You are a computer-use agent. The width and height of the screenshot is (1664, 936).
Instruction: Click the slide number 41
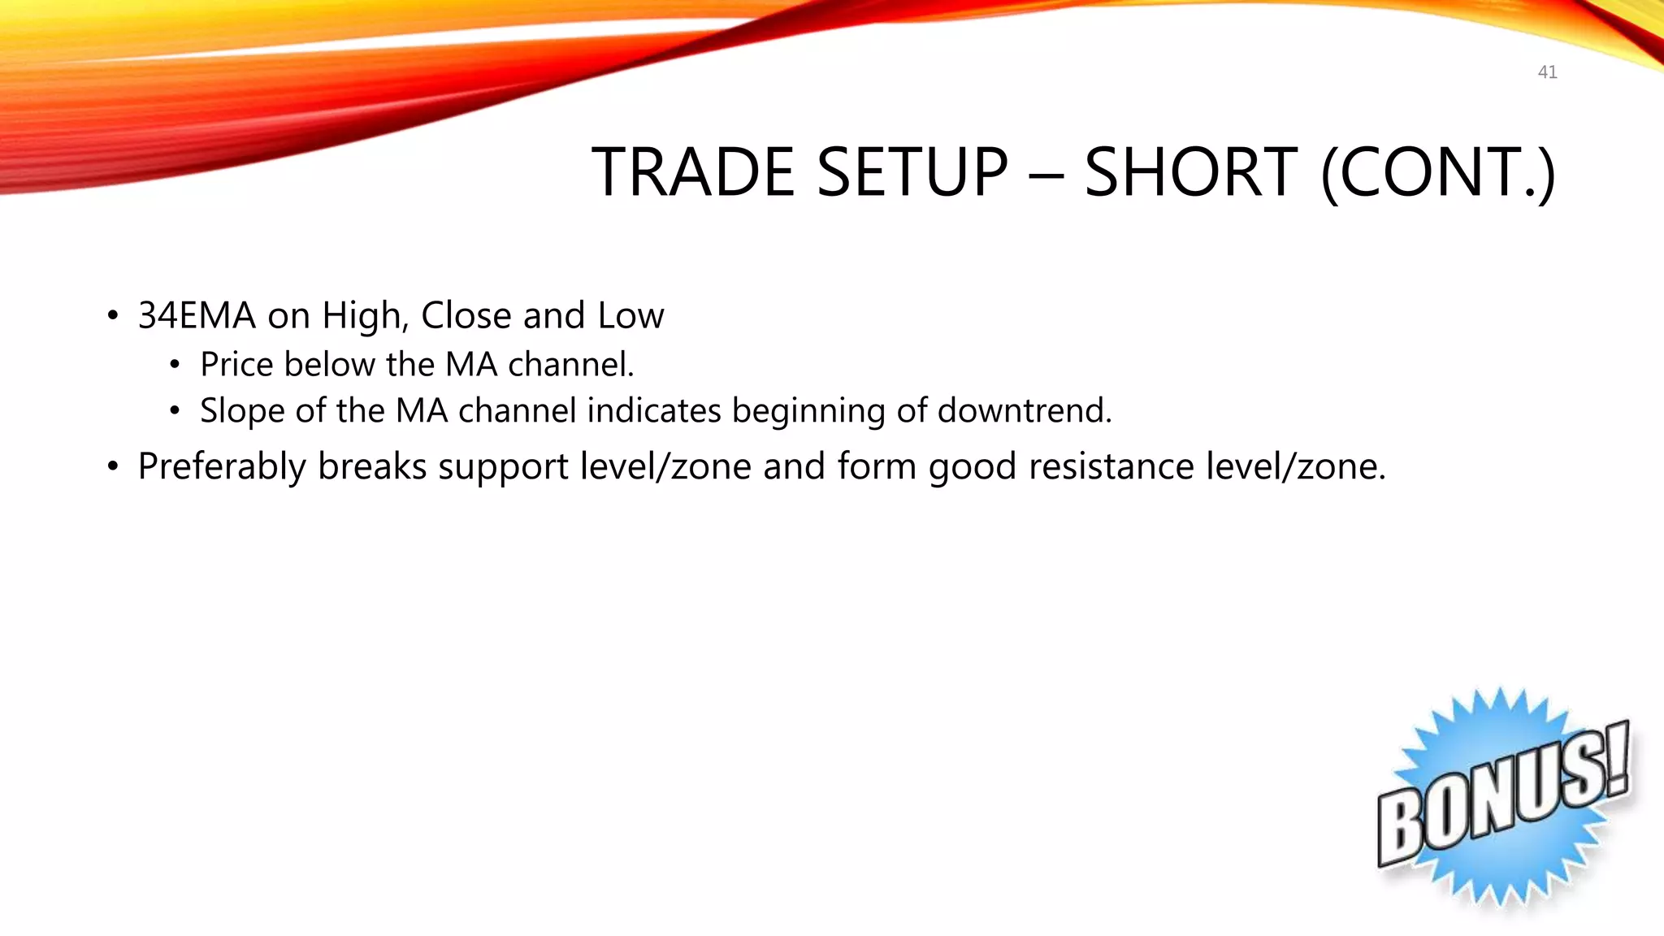click(x=1547, y=72)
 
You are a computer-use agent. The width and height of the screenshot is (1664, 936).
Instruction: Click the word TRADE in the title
click(x=692, y=172)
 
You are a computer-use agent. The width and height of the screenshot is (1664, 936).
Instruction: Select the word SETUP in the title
click(x=912, y=172)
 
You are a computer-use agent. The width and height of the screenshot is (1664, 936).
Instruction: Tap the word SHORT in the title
click(x=1190, y=172)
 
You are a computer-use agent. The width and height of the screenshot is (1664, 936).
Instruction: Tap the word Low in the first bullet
click(x=630, y=315)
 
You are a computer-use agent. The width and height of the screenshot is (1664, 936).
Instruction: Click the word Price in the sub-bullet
click(x=236, y=364)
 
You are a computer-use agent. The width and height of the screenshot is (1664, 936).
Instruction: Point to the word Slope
click(x=242, y=411)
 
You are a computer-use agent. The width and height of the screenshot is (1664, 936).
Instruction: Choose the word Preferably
click(x=222, y=467)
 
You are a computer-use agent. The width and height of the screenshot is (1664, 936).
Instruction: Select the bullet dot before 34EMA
click(x=113, y=316)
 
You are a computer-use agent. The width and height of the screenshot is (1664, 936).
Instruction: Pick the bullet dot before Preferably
click(x=113, y=467)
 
